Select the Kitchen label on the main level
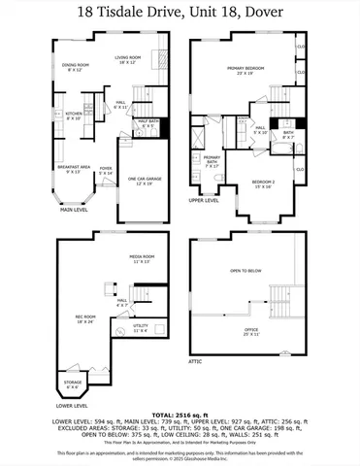pyautogui.click(x=74, y=116)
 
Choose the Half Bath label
pyautogui.click(x=147, y=123)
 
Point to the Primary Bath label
pyautogui.click(x=212, y=161)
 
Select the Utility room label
pyautogui.click(x=141, y=328)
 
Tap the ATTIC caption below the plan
pyautogui.click(x=196, y=361)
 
